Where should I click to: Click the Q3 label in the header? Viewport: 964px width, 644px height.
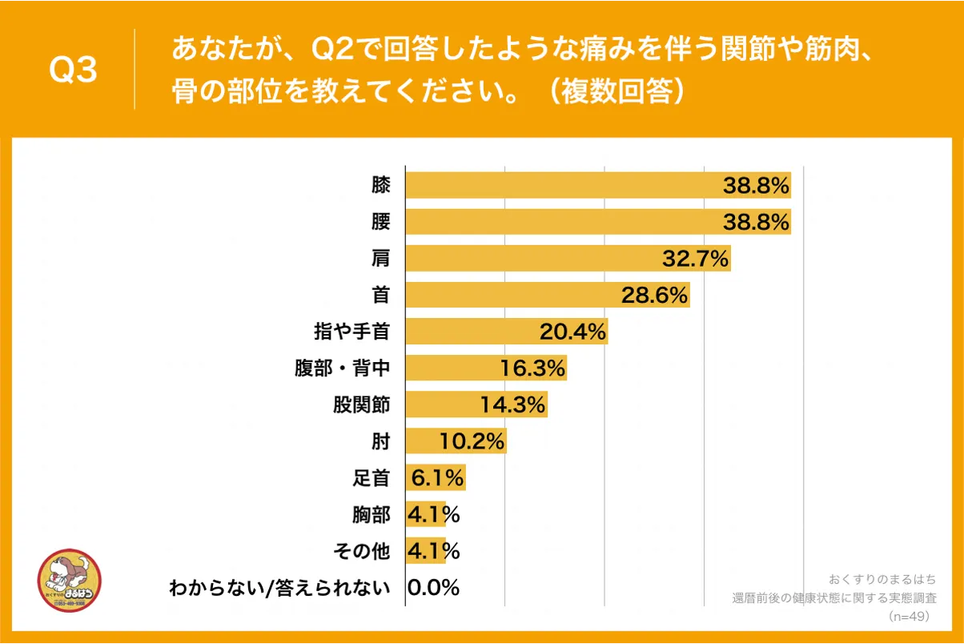pos(74,70)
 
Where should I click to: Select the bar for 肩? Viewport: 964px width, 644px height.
pos(568,258)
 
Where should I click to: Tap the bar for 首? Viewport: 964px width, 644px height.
pos(547,295)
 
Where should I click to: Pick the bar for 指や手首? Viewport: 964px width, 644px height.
pos(506,331)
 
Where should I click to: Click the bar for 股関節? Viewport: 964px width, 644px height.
pos(476,405)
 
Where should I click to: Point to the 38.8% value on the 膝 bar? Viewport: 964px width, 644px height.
pos(757,186)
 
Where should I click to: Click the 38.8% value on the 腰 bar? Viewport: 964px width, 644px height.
pos(757,222)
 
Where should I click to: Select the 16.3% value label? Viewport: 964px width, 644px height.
pos(532,368)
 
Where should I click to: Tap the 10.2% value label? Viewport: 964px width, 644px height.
pos(472,441)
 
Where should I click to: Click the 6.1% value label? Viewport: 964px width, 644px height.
pos(437,478)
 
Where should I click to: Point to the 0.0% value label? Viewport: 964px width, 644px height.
pos(433,588)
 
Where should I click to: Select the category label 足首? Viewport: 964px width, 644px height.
pos(372,478)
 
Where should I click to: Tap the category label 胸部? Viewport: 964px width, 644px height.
pos(372,514)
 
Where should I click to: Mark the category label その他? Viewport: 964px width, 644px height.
pos(362,551)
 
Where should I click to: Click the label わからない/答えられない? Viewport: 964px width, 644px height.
pos(279,588)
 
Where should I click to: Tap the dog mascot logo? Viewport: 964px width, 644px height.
pos(70,581)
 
